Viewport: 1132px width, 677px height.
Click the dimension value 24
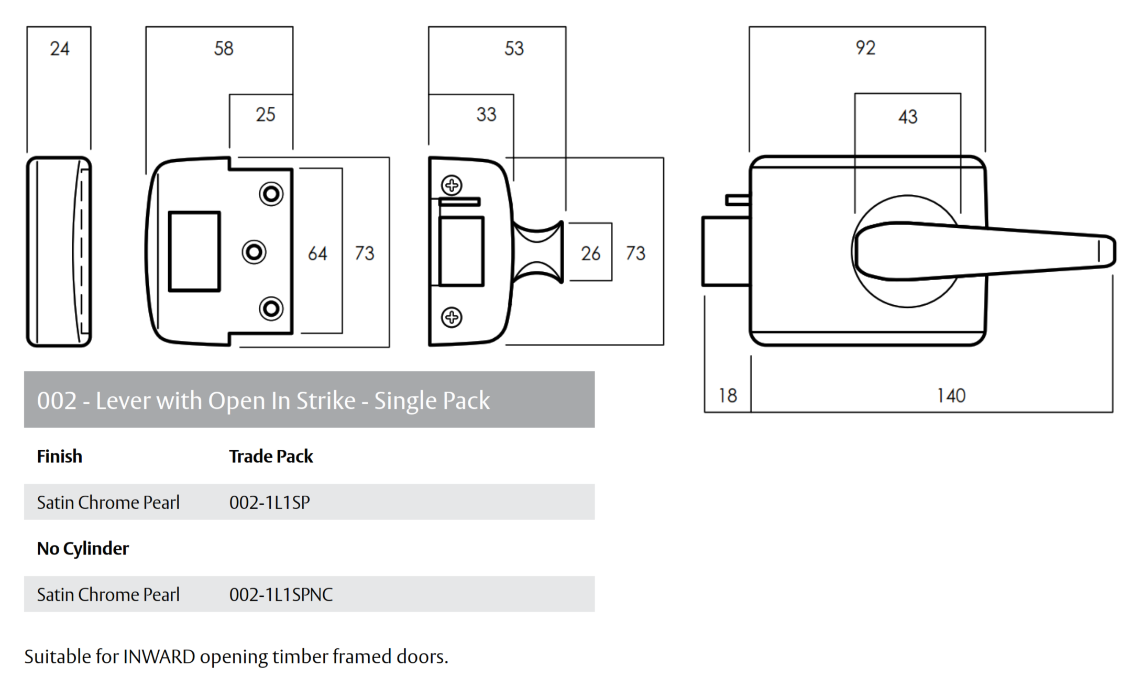(59, 49)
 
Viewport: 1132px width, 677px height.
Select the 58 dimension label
(224, 49)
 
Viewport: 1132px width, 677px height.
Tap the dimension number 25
(265, 115)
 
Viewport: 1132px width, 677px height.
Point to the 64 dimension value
(317, 254)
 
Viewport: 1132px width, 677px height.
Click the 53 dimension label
(514, 49)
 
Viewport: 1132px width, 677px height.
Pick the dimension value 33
(486, 115)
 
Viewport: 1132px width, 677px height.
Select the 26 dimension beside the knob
(590, 254)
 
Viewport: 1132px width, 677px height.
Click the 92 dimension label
(865, 48)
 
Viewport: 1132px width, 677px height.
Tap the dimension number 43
(908, 117)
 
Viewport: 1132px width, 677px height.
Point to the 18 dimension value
(728, 396)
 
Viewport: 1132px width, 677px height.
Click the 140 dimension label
(951, 396)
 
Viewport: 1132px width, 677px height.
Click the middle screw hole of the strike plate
(254, 252)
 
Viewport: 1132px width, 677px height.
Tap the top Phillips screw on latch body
(452, 185)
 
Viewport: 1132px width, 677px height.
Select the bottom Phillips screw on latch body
(452, 317)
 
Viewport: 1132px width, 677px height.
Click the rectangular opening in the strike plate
(194, 251)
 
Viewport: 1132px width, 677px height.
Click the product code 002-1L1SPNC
(281, 595)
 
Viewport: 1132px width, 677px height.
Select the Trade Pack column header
(271, 457)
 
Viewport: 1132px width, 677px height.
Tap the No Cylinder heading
(83, 549)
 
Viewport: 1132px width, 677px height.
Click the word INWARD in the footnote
(159, 657)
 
